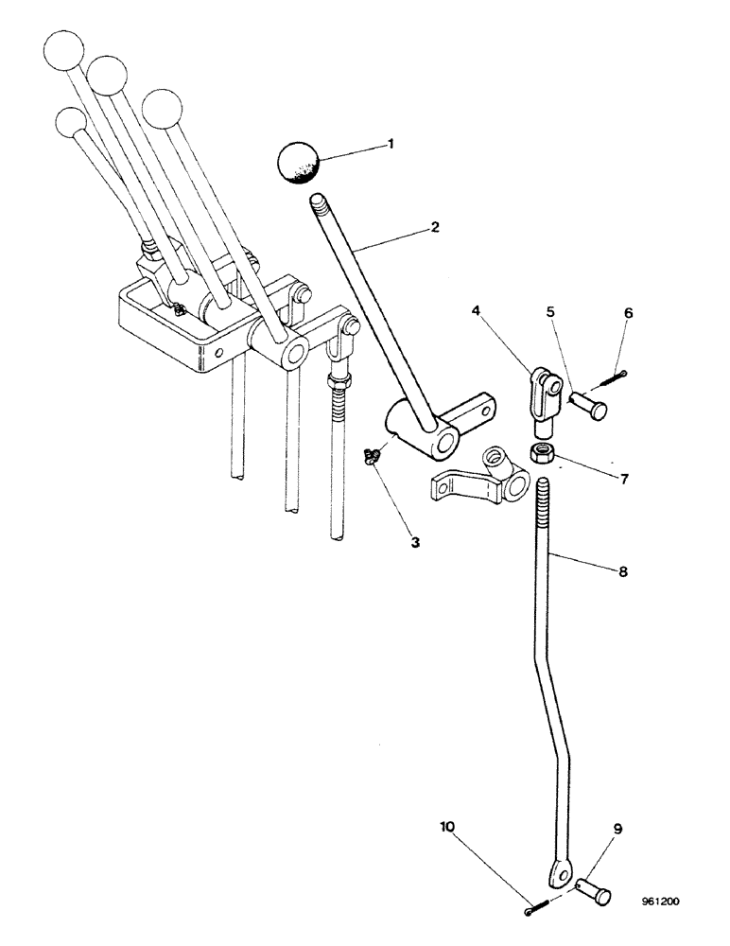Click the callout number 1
point(389,145)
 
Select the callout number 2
point(434,227)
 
